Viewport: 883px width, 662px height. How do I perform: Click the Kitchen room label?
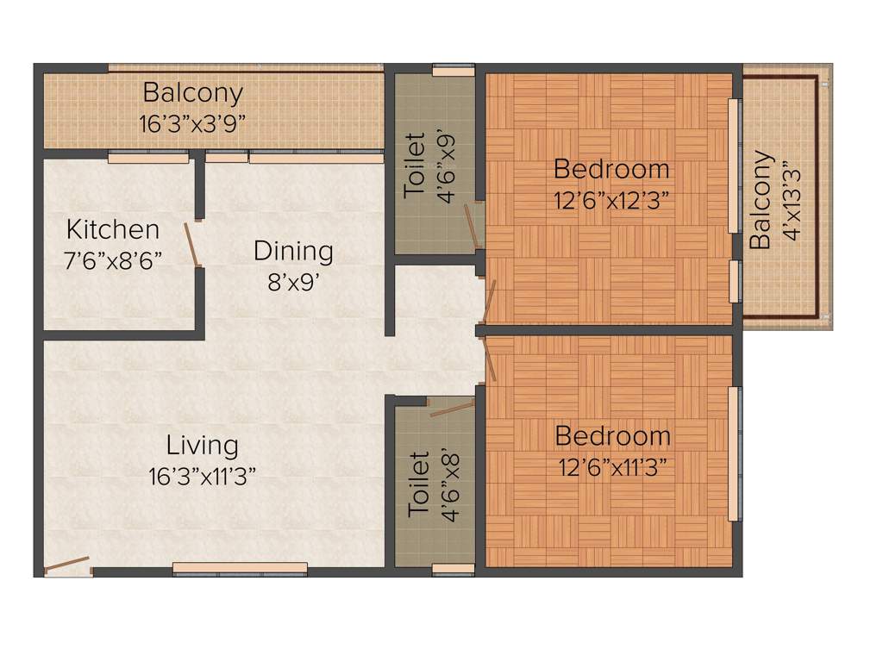[x=113, y=230]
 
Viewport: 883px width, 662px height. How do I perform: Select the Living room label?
[x=203, y=446]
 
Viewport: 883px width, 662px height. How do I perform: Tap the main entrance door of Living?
[x=67, y=565]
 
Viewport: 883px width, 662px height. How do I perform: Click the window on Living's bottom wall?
[x=240, y=568]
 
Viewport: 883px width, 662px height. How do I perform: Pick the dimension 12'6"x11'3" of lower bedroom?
[x=611, y=467]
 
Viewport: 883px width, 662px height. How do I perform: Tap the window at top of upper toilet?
[x=453, y=71]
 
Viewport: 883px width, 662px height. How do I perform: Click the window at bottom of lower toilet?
[x=453, y=569]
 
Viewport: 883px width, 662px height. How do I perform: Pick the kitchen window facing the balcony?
[x=147, y=159]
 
